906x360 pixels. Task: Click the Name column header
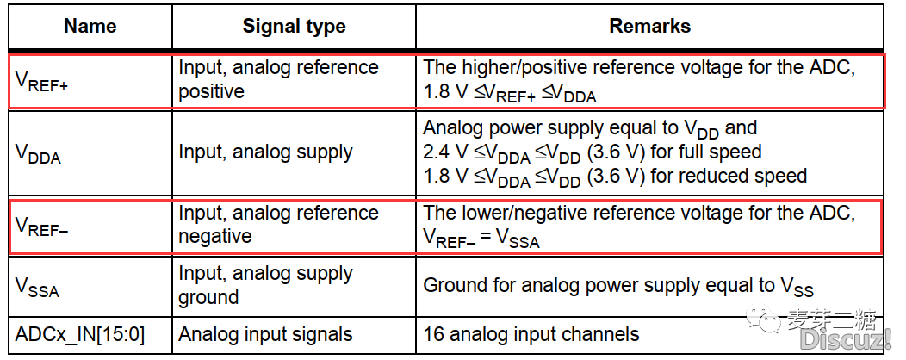(90, 26)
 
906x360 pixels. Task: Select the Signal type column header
(294, 26)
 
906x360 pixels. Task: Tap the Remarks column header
(649, 26)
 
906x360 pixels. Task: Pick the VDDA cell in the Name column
(38, 153)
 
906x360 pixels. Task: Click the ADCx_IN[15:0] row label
(80, 334)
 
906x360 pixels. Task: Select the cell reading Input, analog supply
(265, 152)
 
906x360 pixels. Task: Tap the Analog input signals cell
(265, 334)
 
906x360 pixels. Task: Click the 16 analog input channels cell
(531, 334)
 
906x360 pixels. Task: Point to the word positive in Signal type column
(211, 92)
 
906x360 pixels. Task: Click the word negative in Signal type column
(215, 236)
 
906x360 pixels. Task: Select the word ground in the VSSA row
(208, 297)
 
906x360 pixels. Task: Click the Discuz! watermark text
(846, 340)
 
